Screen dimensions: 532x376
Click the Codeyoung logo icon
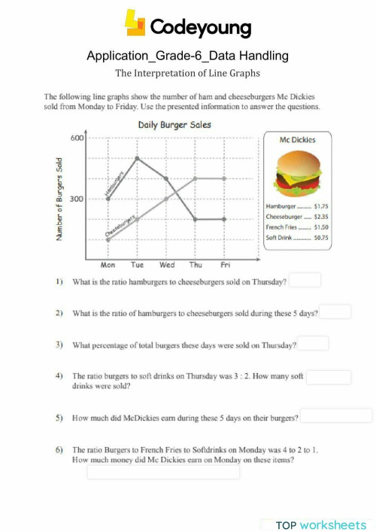pyautogui.click(x=135, y=25)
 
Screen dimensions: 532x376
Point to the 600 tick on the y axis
pyautogui.click(x=78, y=138)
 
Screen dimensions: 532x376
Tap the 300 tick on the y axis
pyautogui.click(x=78, y=199)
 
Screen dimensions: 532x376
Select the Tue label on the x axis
pyautogui.click(x=137, y=265)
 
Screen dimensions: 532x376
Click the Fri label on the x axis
pyautogui.click(x=225, y=265)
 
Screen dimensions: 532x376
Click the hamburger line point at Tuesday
pyautogui.click(x=137, y=158)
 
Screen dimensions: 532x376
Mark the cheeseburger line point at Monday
pyautogui.click(x=108, y=240)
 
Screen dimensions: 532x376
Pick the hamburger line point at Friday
pyautogui.click(x=225, y=219)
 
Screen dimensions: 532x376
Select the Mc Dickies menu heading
pyautogui.click(x=297, y=140)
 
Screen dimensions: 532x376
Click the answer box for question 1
pyautogui.click(x=305, y=281)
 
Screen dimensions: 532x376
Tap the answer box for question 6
pyautogui.click(x=163, y=472)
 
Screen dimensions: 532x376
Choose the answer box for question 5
pyautogui.click(x=335, y=416)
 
